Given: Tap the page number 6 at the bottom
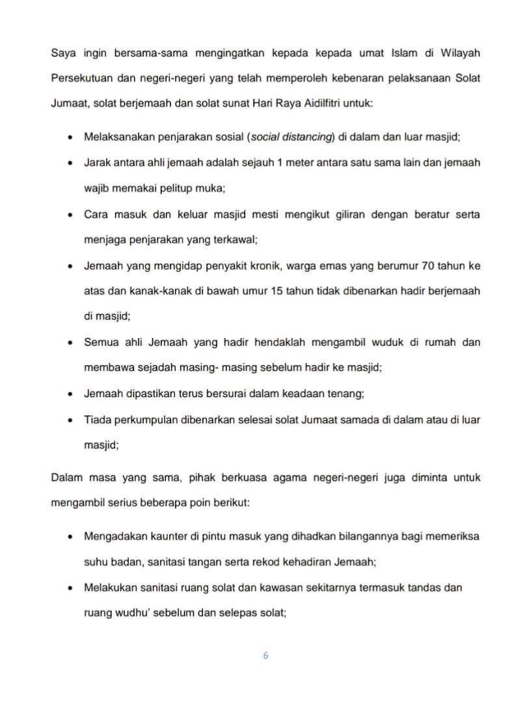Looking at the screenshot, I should tap(265, 656).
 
